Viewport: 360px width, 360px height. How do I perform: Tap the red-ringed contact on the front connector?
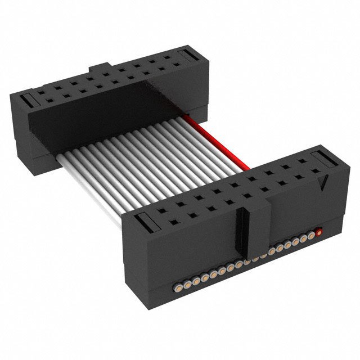pyautogui.click(x=319, y=231)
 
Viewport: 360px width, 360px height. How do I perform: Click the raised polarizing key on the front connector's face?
pyautogui.click(x=256, y=225)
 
